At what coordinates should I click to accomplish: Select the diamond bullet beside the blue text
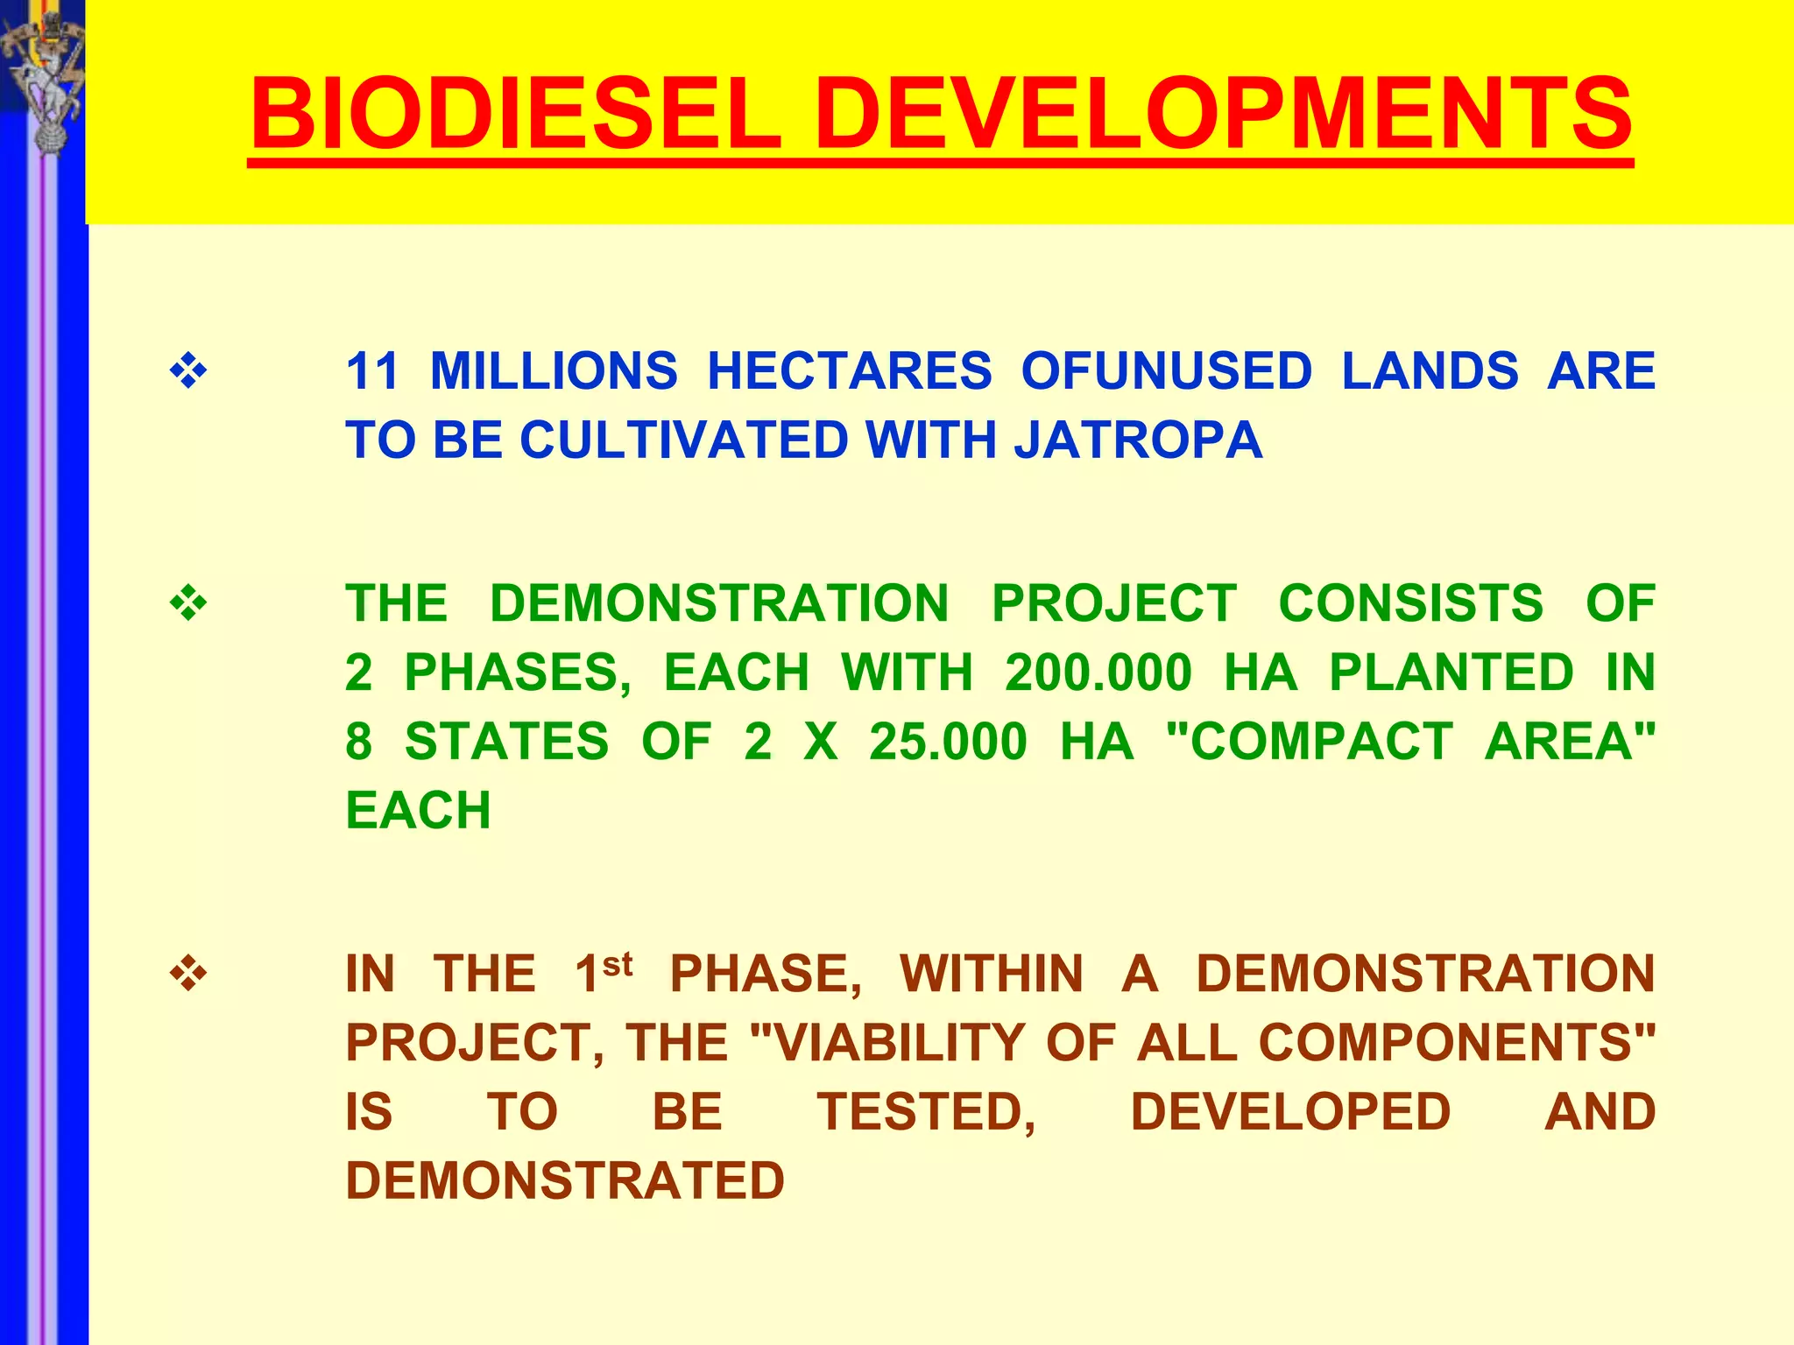point(188,371)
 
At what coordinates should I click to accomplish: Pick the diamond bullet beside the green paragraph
point(188,604)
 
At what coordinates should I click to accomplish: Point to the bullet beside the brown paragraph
point(188,974)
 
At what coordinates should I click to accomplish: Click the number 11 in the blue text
point(373,371)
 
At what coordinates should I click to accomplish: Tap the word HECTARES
point(849,371)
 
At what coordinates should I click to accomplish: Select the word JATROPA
point(1138,440)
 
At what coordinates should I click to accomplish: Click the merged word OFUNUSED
point(1166,371)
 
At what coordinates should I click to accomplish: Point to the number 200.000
point(1098,672)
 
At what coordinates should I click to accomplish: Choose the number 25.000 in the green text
point(948,742)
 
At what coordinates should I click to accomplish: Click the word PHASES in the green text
point(517,672)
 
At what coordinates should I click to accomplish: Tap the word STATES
point(506,742)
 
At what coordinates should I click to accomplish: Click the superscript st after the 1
point(618,964)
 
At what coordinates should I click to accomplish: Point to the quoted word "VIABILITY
point(887,1042)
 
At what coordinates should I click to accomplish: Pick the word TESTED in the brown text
point(927,1111)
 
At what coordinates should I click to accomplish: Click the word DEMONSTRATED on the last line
point(565,1180)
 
